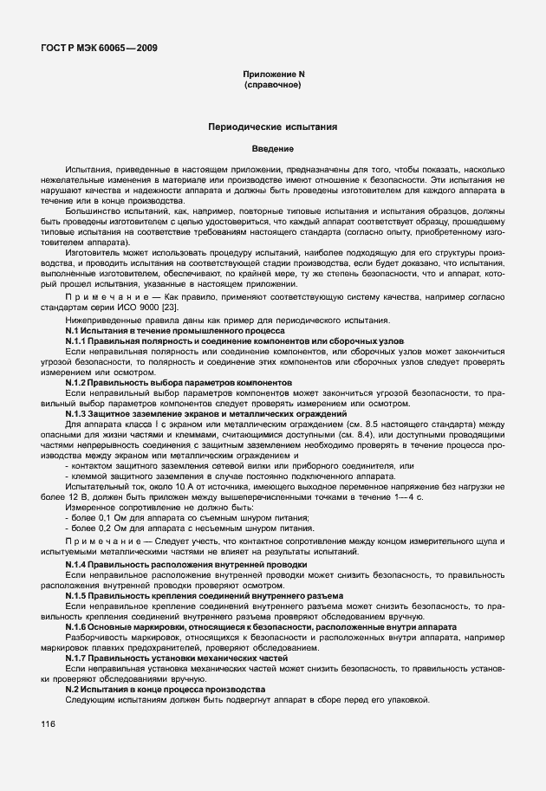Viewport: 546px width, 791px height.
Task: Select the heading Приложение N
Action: pos(273,75)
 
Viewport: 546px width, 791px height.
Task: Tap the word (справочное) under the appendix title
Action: pos(273,86)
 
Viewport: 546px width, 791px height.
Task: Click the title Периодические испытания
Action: pos(273,126)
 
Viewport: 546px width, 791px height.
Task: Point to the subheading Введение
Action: pos(273,149)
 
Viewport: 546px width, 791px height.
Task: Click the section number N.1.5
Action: pos(80,595)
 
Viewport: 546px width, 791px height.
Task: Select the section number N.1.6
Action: pos(80,626)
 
